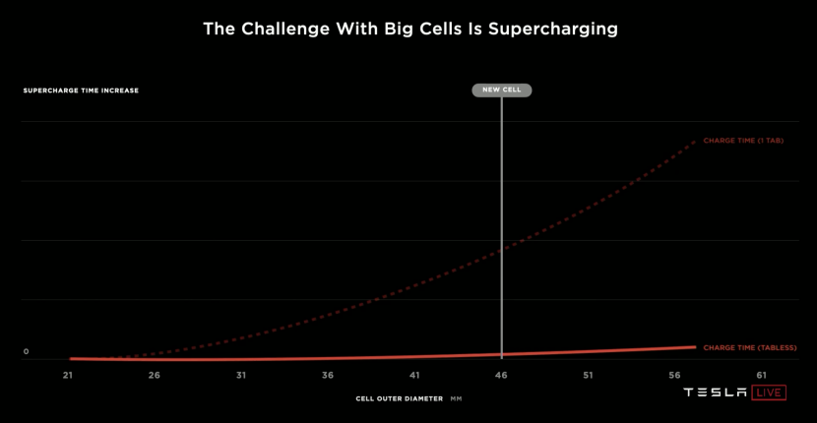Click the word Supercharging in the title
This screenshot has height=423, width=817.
tap(554, 30)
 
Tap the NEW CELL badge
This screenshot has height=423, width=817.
tap(502, 90)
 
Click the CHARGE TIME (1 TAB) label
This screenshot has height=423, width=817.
tap(743, 141)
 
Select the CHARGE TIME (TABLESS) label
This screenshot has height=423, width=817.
tap(749, 347)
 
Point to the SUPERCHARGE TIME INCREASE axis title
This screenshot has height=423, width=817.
tap(81, 91)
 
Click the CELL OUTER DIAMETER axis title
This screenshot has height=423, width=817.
tap(399, 399)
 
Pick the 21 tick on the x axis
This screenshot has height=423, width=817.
tap(68, 376)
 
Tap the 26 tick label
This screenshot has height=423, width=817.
tap(155, 376)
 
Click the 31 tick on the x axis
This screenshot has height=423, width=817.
tap(241, 376)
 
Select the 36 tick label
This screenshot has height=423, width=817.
tap(328, 376)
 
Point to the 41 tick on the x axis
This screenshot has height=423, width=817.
tap(414, 376)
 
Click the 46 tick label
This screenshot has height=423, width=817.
tap(501, 376)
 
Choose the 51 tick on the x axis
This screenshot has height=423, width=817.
tap(588, 376)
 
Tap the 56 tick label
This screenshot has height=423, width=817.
tap(674, 376)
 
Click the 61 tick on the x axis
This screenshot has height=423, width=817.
tap(761, 376)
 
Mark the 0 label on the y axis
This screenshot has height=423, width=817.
tap(27, 351)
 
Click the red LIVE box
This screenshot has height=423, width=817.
tap(769, 393)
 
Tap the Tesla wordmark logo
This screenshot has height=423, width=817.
tap(716, 393)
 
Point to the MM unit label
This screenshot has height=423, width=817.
tap(456, 399)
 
